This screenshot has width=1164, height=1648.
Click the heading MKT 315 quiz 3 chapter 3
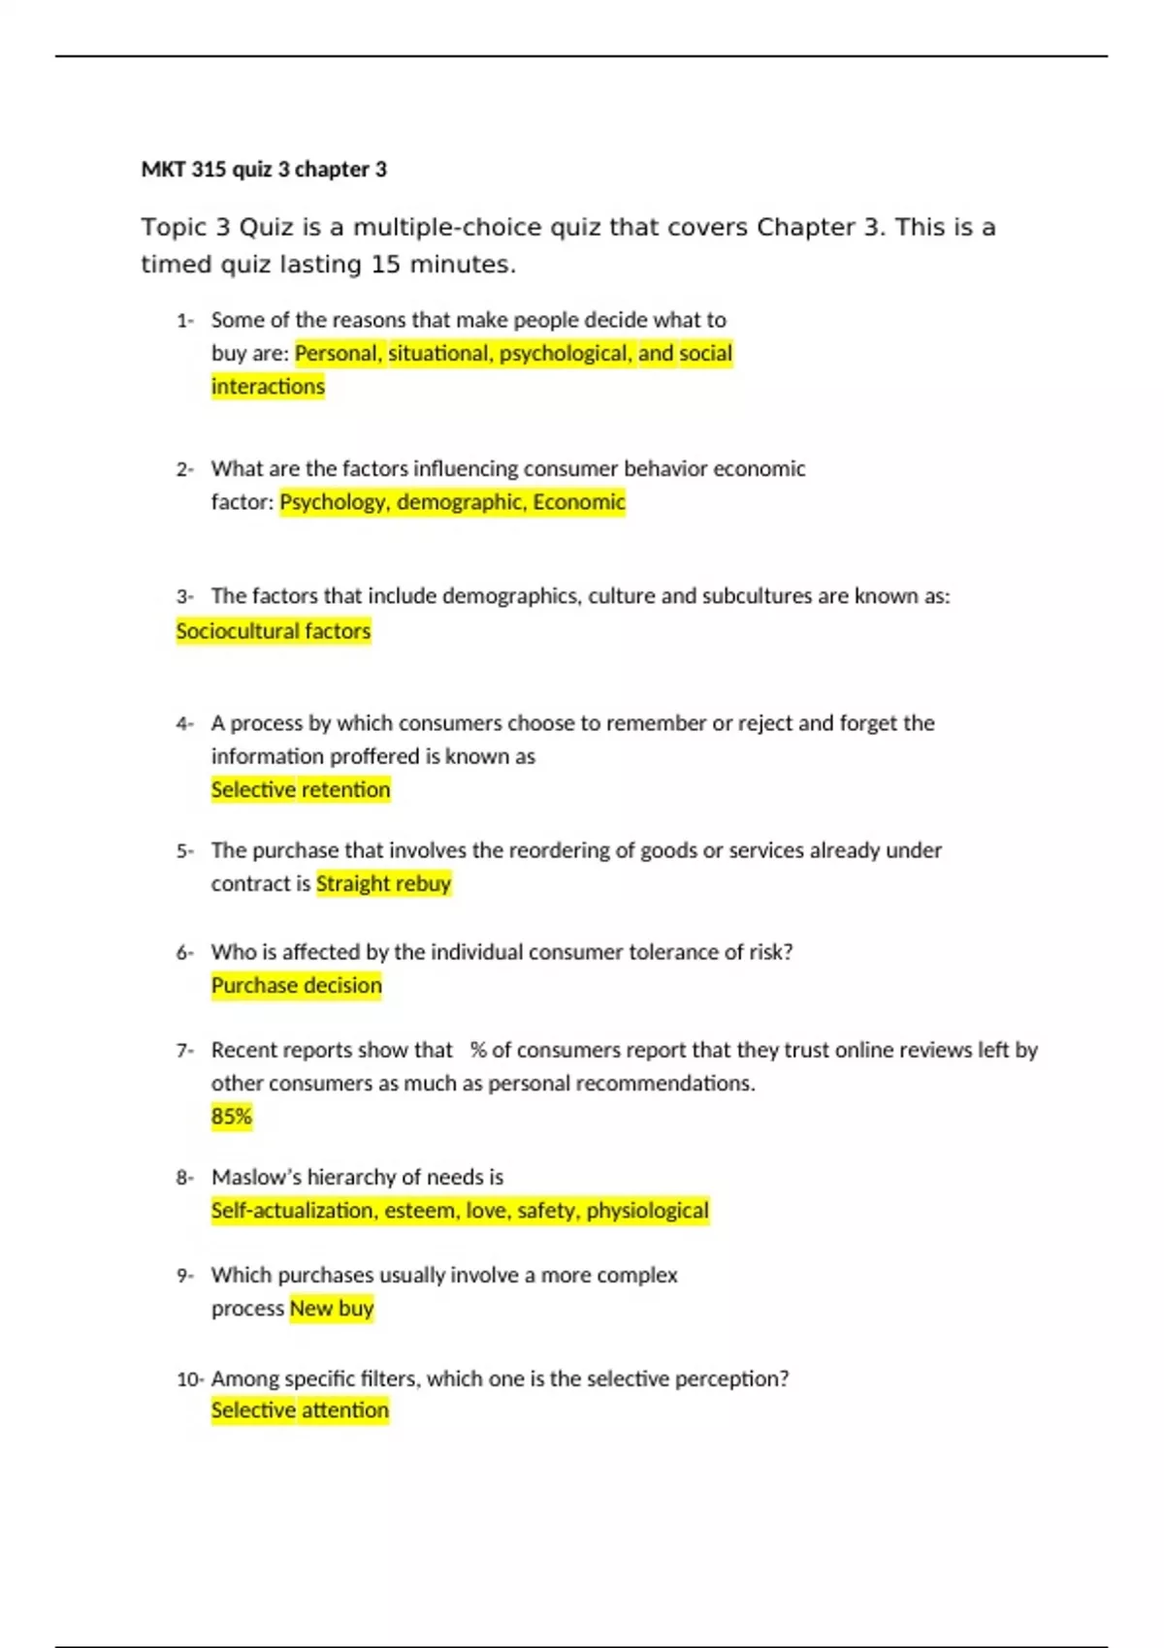[x=264, y=170]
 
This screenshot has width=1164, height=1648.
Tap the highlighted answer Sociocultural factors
[x=274, y=631]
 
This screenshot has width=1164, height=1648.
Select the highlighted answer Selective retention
[x=301, y=790]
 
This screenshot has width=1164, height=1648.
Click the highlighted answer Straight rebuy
[x=383, y=884]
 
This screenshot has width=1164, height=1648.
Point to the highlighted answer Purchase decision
[x=297, y=986]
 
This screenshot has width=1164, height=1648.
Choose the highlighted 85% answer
[x=232, y=1117]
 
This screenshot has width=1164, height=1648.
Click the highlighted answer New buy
[x=332, y=1309]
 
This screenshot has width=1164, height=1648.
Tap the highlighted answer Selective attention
[x=300, y=1410]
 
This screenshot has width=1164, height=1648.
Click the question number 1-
[x=185, y=321]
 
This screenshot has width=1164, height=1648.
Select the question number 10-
[x=190, y=1379]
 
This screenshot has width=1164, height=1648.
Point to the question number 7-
[x=185, y=1051]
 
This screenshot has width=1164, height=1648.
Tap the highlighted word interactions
[x=268, y=387]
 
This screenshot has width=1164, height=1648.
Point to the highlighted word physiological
[x=647, y=1211]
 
